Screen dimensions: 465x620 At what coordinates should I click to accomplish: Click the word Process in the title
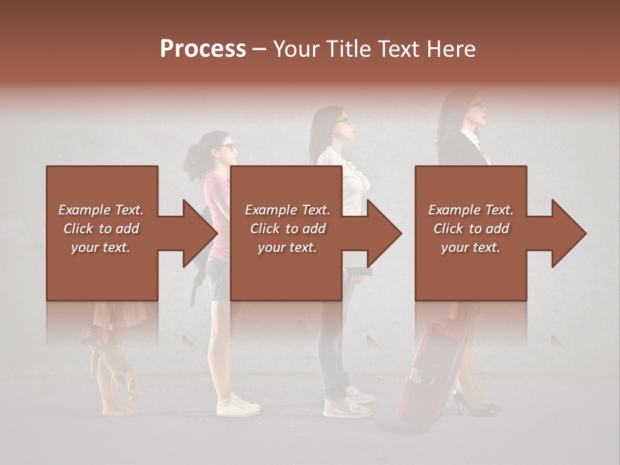click(203, 49)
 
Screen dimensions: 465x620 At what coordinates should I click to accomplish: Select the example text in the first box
click(101, 229)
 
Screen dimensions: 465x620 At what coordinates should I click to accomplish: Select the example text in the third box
click(471, 229)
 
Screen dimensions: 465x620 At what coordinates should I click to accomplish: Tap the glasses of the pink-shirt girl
click(228, 147)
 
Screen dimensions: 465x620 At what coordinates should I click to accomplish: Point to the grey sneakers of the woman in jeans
click(349, 403)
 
